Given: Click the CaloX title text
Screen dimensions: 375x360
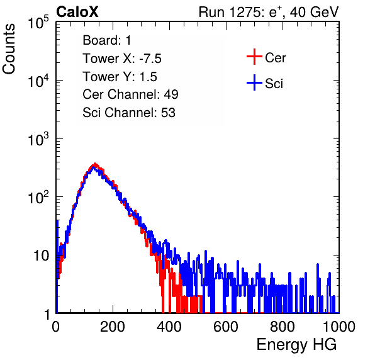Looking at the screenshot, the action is tap(77, 12).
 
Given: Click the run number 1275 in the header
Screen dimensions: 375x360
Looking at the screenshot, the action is tap(244, 12).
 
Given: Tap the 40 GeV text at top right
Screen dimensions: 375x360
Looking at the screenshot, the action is tap(314, 12).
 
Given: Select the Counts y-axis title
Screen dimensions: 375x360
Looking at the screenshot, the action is tap(9, 49).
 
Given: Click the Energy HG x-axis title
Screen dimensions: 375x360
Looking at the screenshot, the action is tap(296, 345).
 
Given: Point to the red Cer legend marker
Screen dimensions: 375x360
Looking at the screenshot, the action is tap(254, 57).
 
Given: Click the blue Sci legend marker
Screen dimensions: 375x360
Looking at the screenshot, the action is tap(254, 83).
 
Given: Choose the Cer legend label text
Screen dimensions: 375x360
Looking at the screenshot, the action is tap(275, 58).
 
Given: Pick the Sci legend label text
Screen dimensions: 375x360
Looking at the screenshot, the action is tap(274, 84).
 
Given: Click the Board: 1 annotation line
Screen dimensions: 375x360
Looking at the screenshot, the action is tap(107, 40).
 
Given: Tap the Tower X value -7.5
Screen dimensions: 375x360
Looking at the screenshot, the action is tap(150, 59).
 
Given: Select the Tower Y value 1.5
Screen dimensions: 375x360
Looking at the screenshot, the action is tap(148, 77).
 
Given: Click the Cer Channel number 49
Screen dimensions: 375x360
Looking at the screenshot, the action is tap(171, 94).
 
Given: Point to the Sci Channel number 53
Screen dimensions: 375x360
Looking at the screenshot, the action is tap(168, 113).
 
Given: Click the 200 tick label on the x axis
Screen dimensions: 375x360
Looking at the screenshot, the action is tap(113, 327).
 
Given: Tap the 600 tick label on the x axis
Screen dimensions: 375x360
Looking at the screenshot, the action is tap(226, 327).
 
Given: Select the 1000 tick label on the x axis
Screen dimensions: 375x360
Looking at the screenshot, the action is tap(339, 327).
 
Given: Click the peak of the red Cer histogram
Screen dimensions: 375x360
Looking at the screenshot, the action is tap(95, 164).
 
